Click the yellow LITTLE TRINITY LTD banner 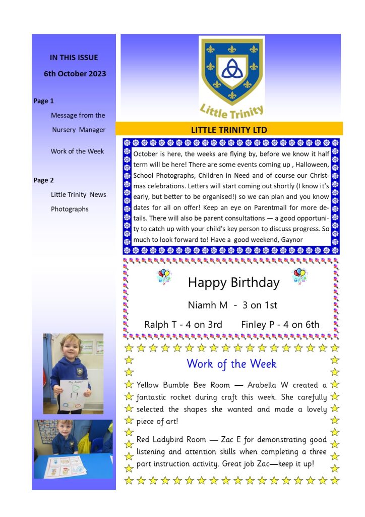tap(229, 130)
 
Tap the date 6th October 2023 tap(75, 74)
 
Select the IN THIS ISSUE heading tap(74, 58)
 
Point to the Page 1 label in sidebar tap(43, 101)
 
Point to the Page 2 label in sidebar tap(43, 180)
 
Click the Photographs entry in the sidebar tap(70, 209)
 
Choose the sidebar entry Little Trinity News tap(78, 194)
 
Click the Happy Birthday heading tap(233, 282)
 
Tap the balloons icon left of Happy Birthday tap(164, 276)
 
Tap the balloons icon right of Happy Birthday tap(300, 276)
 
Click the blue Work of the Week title tap(231, 364)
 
